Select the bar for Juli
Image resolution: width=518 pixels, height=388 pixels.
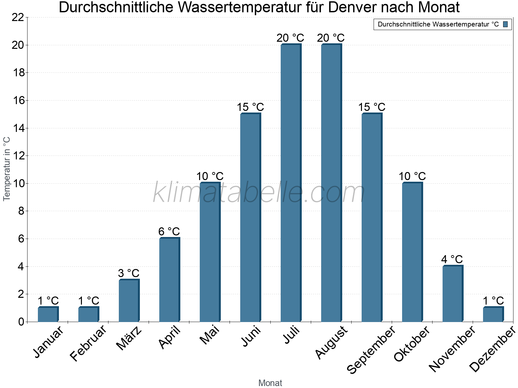[291, 183]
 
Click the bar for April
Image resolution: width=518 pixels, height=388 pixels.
[169, 280]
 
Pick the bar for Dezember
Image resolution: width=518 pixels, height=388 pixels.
[493, 314]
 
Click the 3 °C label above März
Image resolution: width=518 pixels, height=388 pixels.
[129, 273]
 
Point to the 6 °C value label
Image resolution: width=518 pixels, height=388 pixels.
[169, 232]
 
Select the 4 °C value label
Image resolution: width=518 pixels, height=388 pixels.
[452, 259]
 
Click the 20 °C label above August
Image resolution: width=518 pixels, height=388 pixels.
[331, 38]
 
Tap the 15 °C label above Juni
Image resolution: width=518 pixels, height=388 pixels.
[250, 107]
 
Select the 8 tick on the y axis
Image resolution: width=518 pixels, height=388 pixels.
[21, 211]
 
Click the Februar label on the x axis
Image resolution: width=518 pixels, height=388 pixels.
[88, 343]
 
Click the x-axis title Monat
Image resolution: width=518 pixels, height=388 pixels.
[270, 383]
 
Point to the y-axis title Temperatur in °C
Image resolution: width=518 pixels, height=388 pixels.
[7, 169]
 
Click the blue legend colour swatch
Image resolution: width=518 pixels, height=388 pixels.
[506, 24]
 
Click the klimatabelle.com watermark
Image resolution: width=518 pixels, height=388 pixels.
[259, 193]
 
